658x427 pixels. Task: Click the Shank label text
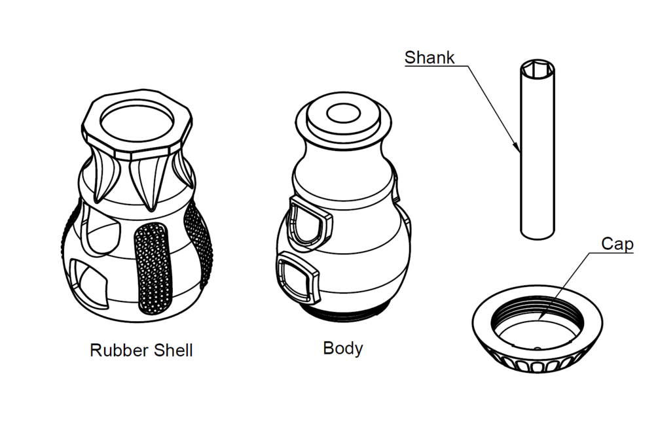430,57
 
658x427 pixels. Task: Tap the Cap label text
617,245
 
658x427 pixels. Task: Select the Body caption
342,348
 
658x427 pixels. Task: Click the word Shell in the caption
172,350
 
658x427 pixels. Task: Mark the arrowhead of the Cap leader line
538,318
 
